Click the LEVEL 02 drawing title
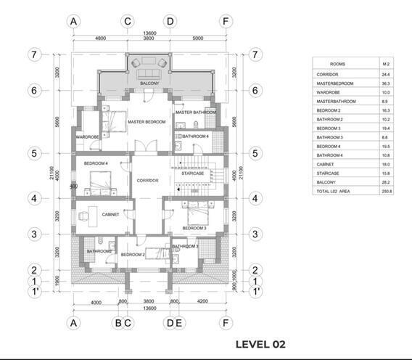point(260,343)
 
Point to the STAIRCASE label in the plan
point(191,173)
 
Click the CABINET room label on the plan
point(110,214)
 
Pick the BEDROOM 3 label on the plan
point(194,228)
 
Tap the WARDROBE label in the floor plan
point(87,136)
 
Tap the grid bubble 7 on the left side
point(33,54)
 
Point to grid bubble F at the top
point(226,21)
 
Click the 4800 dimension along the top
point(100,38)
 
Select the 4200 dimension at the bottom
point(202,301)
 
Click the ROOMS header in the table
point(337,64)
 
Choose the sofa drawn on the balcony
point(148,72)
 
